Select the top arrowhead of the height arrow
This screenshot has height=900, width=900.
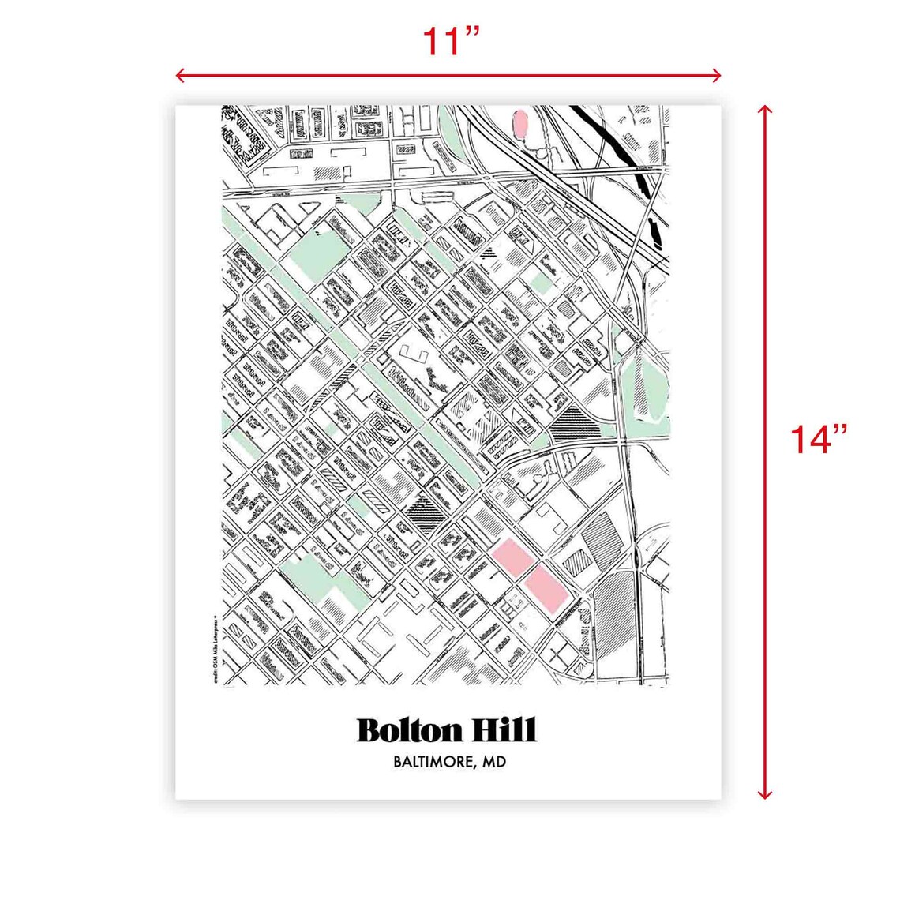click(x=764, y=111)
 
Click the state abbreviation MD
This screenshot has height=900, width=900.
click(x=494, y=763)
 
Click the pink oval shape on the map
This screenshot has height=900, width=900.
click(x=520, y=125)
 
